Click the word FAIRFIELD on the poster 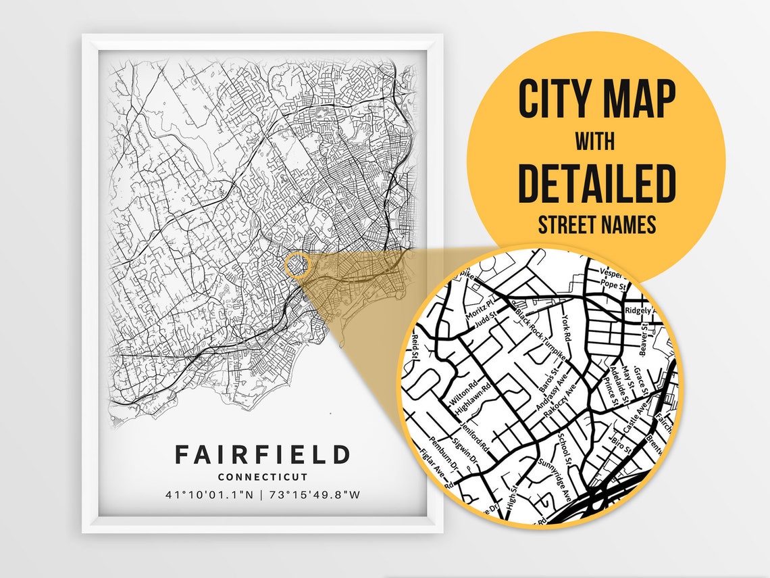[x=263, y=454]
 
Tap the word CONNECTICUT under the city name [x=263, y=477]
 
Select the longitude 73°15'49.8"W [x=315, y=494]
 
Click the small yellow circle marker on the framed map [x=297, y=265]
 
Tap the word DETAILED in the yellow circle [x=597, y=183]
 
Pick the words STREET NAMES [x=597, y=224]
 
